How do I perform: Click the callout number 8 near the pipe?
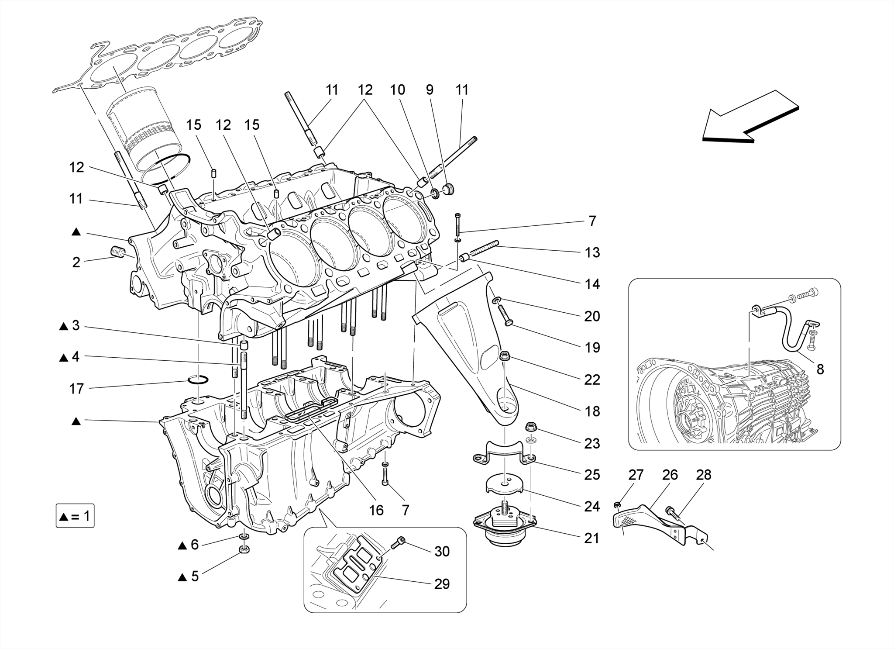(x=820, y=369)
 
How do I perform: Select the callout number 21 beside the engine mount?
(x=591, y=539)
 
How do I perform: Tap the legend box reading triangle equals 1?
(x=75, y=517)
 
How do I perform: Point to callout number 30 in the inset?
(x=442, y=552)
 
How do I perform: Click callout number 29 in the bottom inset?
(x=442, y=584)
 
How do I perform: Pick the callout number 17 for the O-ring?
(x=76, y=388)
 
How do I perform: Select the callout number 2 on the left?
(x=76, y=262)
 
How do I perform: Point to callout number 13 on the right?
(x=592, y=252)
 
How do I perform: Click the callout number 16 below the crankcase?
(x=376, y=510)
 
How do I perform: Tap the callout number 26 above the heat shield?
(x=670, y=475)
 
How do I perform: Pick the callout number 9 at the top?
(x=430, y=90)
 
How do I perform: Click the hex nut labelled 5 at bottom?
(x=244, y=549)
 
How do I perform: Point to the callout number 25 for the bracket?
(x=592, y=475)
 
